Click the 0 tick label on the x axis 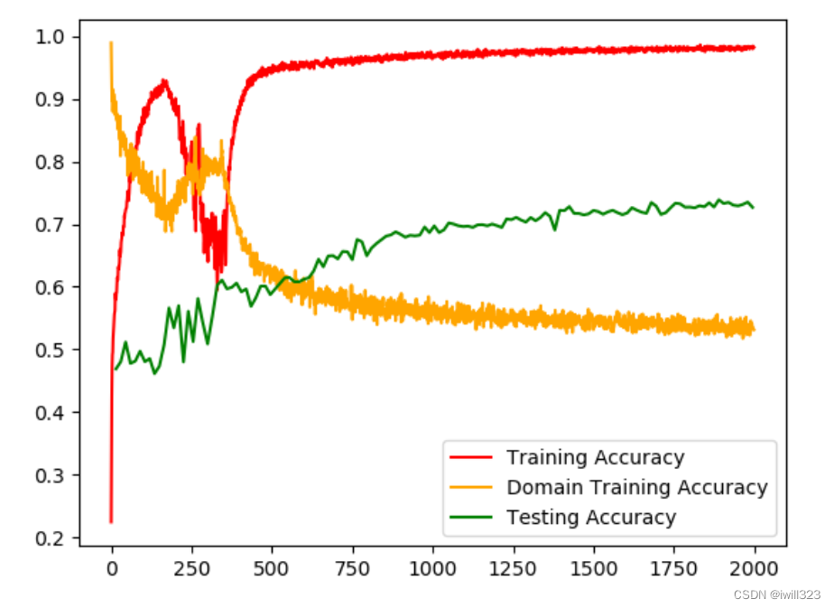[112, 569]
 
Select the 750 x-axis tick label [352, 569]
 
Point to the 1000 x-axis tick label [432, 569]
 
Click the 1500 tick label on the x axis [593, 569]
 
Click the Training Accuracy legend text [595, 458]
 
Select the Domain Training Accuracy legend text [636, 488]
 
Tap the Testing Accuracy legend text [590, 518]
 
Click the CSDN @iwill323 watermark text [777, 594]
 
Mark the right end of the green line [754, 208]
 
